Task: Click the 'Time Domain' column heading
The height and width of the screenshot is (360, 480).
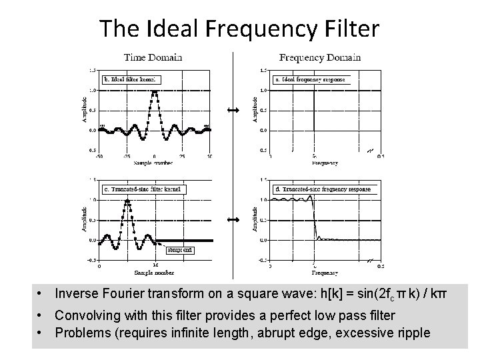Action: tap(153, 57)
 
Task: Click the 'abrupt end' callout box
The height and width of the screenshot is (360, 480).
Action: tap(180, 251)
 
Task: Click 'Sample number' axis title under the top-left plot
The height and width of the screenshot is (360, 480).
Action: tap(154, 163)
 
